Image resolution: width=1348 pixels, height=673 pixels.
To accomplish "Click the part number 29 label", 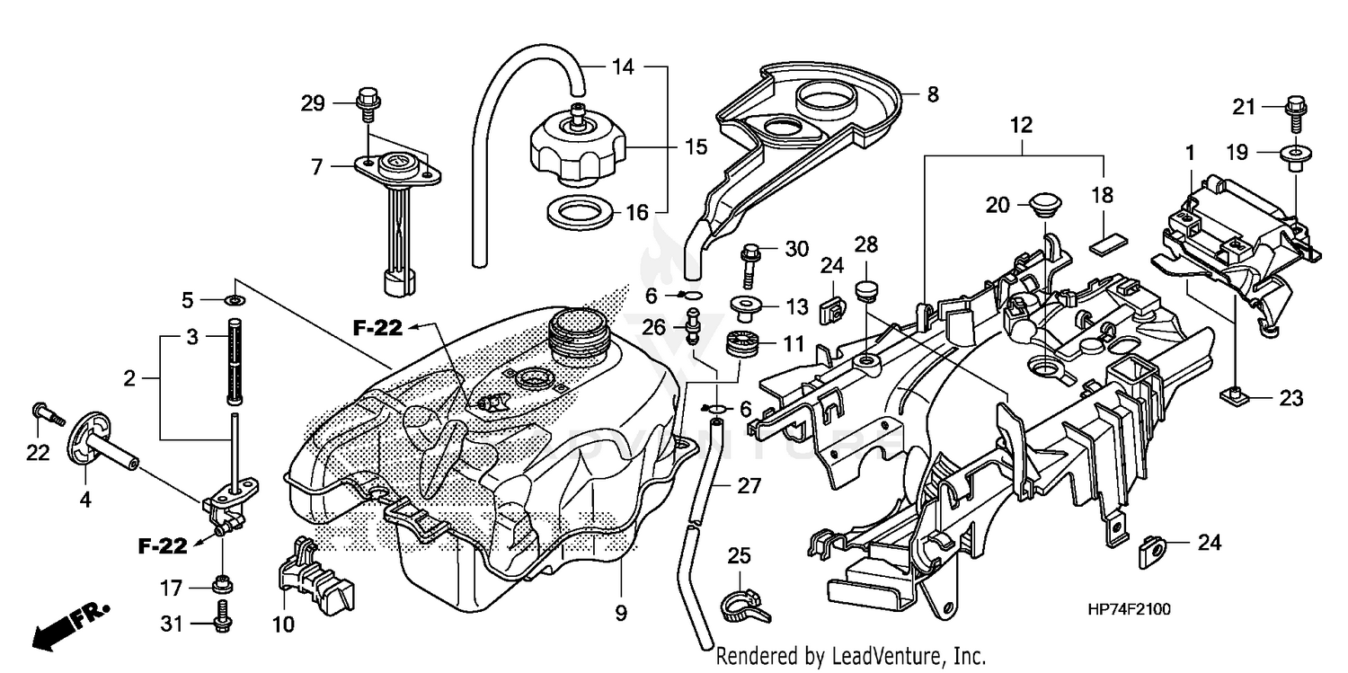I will tap(312, 104).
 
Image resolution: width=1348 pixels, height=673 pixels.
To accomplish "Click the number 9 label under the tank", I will tap(621, 615).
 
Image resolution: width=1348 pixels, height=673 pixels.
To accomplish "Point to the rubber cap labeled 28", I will tap(867, 290).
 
